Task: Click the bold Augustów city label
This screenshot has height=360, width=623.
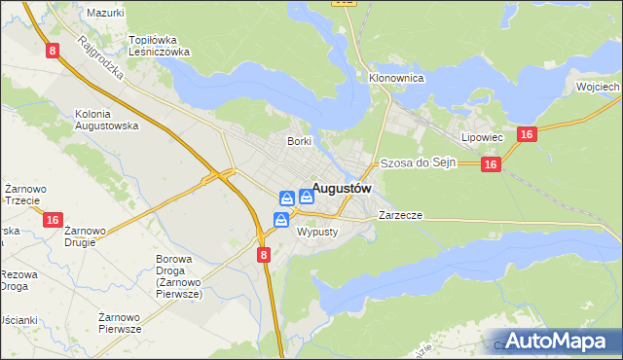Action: (x=341, y=190)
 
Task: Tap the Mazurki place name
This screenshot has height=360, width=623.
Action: (x=105, y=13)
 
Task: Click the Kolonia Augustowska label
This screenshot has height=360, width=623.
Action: (x=106, y=120)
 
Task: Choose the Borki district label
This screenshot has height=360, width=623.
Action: (x=299, y=141)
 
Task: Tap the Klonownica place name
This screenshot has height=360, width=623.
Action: (x=394, y=77)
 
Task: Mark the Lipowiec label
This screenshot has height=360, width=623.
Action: (x=482, y=138)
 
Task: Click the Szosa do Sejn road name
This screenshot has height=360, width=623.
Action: (x=418, y=164)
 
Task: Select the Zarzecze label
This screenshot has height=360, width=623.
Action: (x=400, y=215)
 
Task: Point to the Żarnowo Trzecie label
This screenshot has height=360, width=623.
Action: (x=21, y=194)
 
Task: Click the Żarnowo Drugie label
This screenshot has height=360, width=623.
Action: (x=87, y=236)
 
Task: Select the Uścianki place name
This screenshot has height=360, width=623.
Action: (x=18, y=320)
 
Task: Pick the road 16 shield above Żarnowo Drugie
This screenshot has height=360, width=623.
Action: (x=54, y=220)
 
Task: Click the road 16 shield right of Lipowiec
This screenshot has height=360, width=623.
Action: (x=526, y=135)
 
